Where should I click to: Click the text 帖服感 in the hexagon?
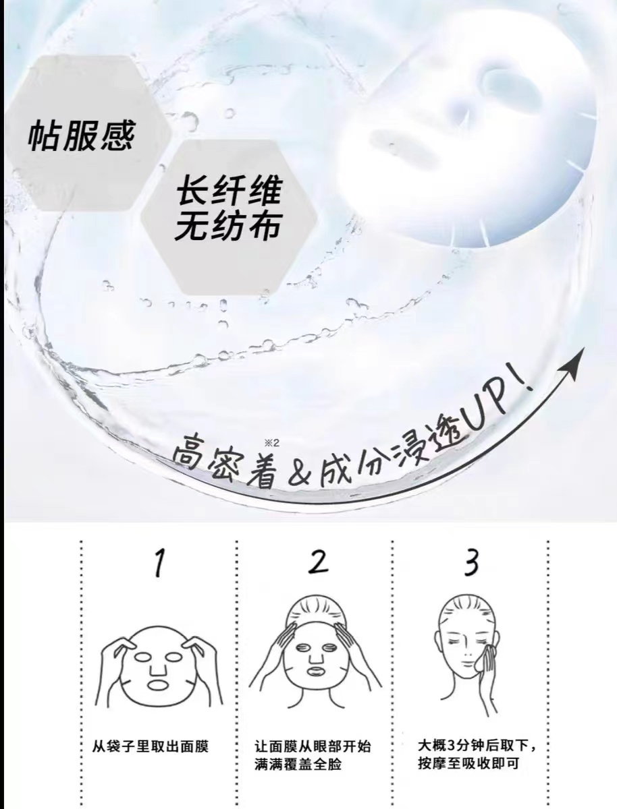pos(82,136)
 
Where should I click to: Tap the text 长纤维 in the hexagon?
pos(228,191)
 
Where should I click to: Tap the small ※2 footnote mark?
pos(272,443)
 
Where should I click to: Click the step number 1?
pos(159,564)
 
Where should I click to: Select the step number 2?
pos(318,562)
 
